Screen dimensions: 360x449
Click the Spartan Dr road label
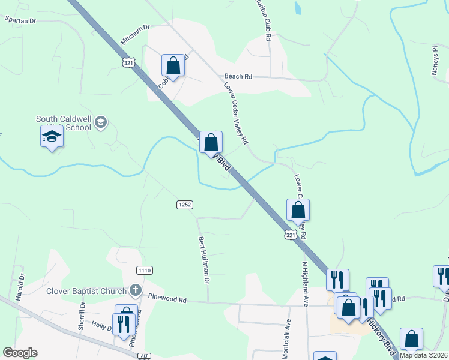coord(20,20)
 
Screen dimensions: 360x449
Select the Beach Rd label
coord(238,77)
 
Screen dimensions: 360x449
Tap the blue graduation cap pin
coord(52,137)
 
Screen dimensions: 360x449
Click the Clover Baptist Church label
coord(87,292)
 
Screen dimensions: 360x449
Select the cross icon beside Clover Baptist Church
coord(136,291)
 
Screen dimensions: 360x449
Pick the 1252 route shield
coord(185,205)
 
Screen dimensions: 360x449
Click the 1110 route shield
coord(144,271)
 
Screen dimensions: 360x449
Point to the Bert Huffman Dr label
coord(204,259)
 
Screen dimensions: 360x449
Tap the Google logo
coord(20,353)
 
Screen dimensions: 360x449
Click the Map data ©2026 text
coord(423,355)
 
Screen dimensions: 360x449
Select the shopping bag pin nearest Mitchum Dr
coord(173,65)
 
